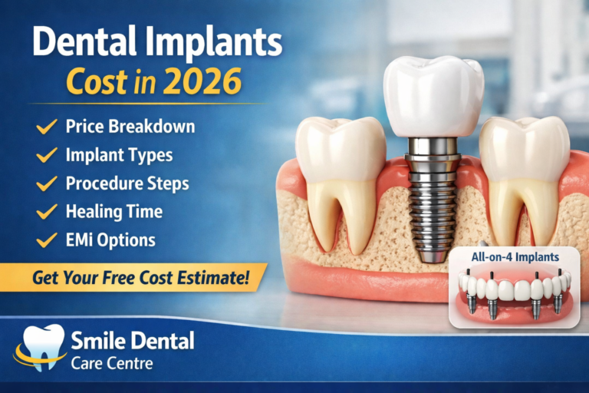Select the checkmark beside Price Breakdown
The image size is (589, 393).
point(46,127)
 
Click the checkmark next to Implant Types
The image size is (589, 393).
point(46,155)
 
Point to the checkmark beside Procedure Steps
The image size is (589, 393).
point(46,183)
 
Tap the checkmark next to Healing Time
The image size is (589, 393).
point(46,212)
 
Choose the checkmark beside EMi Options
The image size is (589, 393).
point(46,240)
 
